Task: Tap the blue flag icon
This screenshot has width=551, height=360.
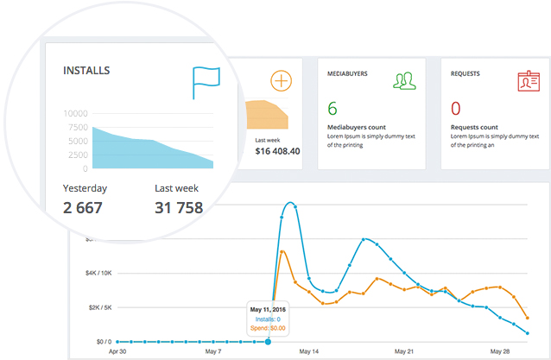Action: [x=206, y=83]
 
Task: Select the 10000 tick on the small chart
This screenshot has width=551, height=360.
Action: [x=76, y=113]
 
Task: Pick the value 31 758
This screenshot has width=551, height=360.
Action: [x=179, y=207]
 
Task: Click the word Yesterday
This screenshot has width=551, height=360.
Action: [x=85, y=187]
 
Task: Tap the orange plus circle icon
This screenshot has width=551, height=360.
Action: [x=281, y=81]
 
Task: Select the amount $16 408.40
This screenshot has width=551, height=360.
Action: [x=278, y=151]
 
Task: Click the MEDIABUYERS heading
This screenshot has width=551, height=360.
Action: [x=349, y=74]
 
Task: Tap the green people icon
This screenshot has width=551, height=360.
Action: [x=405, y=81]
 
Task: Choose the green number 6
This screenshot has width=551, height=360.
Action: [x=332, y=109]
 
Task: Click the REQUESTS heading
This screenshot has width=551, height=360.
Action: [x=465, y=74]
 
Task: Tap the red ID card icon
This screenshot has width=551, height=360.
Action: [x=528, y=82]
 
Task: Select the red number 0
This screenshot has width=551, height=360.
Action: [x=456, y=109]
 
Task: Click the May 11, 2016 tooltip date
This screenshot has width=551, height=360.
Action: [x=269, y=308]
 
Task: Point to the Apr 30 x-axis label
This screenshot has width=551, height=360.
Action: [x=117, y=351]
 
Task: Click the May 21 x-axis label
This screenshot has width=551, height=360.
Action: [x=404, y=351]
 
